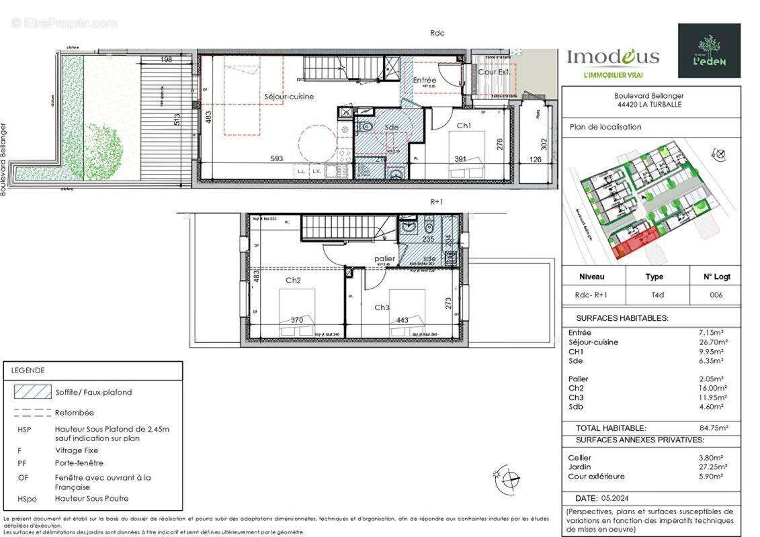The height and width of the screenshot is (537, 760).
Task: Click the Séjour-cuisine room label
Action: pos(288,97)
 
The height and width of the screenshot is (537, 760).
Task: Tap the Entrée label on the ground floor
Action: pos(425,80)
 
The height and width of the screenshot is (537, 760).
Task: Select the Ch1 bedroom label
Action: pos(464,126)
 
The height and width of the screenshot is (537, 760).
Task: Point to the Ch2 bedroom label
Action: pos(292,281)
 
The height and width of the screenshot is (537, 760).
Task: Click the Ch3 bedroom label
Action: pos(382,307)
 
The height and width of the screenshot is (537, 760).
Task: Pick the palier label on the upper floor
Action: pos(384,258)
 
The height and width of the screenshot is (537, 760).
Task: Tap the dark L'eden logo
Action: pos(709,50)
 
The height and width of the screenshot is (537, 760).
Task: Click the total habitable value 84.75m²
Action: pos(714,428)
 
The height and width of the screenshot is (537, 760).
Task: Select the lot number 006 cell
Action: pos(716,295)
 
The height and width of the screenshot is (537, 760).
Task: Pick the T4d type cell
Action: pos(654,295)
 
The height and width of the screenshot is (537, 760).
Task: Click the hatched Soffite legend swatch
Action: pos(33,392)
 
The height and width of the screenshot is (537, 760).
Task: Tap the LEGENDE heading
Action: pos(28,370)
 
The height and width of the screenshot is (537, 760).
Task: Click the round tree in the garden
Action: pos(102,146)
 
